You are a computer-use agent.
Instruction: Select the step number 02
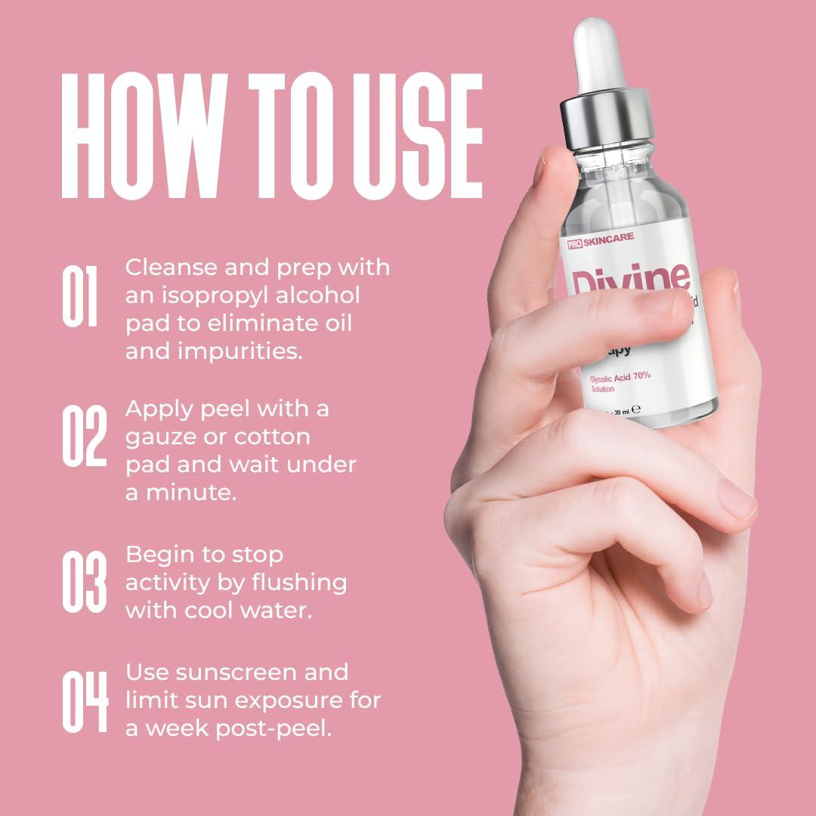(x=82, y=436)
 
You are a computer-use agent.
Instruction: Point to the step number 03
(x=83, y=582)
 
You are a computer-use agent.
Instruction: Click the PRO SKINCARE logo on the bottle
(x=601, y=239)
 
